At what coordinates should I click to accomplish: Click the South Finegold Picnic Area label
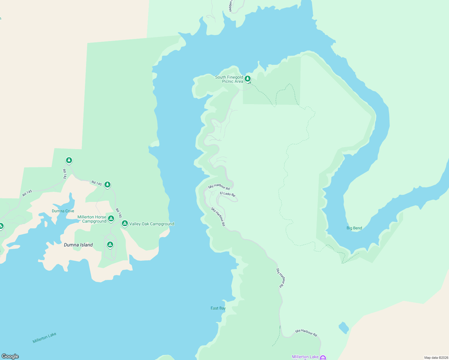(229, 79)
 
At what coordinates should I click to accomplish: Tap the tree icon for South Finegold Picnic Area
(247, 79)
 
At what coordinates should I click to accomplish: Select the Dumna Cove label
(63, 211)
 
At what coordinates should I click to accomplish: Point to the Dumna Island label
(78, 245)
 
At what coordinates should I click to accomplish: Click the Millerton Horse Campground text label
(92, 219)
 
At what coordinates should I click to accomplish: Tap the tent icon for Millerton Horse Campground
(111, 218)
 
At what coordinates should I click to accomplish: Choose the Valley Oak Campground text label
(152, 224)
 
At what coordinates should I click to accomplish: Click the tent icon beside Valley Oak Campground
(125, 223)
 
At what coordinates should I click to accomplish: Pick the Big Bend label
(354, 228)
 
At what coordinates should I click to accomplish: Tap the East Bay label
(218, 308)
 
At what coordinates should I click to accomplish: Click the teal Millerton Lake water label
(44, 338)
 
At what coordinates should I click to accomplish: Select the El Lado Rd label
(228, 194)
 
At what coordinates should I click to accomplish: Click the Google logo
(10, 356)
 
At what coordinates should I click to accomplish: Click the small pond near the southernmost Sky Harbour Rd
(344, 328)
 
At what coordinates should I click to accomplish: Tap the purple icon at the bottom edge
(323, 358)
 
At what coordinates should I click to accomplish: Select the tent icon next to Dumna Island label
(110, 245)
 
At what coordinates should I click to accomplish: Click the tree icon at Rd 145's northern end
(69, 160)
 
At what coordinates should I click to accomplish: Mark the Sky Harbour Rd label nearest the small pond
(306, 333)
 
